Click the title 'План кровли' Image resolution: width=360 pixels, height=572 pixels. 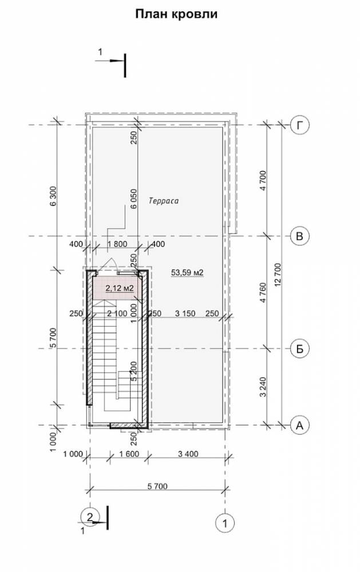click(176, 14)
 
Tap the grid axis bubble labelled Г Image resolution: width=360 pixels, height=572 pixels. click(300, 125)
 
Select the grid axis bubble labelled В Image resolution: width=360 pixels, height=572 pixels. click(300, 236)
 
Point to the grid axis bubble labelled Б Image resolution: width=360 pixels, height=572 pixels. click(300, 349)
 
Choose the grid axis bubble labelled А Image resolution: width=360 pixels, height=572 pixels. click(300, 425)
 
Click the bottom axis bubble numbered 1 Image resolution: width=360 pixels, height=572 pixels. click(225, 523)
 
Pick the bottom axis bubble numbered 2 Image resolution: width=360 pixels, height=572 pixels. click(90, 516)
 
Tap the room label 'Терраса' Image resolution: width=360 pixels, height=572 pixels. click(164, 201)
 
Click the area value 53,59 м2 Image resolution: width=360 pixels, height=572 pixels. click(187, 272)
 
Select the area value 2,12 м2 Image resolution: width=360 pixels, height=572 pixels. click(120, 288)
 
